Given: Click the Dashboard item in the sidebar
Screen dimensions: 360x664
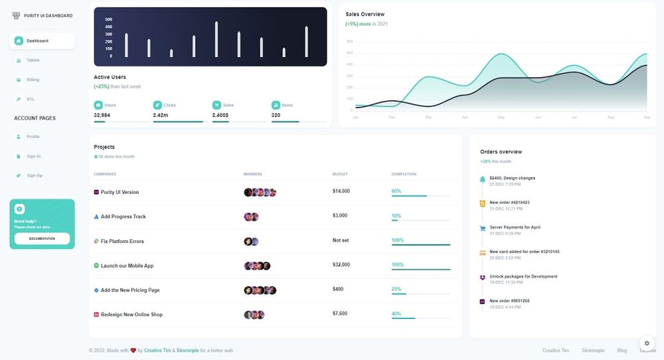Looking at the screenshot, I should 37,41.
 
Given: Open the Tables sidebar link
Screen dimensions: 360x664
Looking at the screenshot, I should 33,60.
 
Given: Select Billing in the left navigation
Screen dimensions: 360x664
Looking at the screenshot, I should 33,80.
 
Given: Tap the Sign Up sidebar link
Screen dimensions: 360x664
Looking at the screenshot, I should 34,175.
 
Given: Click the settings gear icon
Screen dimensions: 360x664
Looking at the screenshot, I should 647,343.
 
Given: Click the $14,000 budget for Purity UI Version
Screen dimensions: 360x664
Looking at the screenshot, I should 341,191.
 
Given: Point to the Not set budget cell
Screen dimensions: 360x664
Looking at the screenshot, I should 341,240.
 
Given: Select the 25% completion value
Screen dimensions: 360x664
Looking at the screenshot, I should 396,289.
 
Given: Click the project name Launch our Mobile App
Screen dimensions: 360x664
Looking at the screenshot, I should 127,266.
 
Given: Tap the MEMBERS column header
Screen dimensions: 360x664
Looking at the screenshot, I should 253,174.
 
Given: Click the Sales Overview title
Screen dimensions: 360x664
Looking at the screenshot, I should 365,14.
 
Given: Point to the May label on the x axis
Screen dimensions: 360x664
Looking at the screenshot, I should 501,117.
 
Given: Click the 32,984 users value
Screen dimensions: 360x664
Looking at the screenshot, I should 102,115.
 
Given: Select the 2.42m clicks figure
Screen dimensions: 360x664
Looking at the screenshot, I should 160,115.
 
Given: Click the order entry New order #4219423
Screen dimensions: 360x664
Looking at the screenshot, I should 509,202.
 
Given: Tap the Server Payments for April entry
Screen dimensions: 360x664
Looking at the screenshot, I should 515,227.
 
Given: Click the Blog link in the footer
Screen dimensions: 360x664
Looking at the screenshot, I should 622,350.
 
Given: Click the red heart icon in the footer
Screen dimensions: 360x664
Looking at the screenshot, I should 133,350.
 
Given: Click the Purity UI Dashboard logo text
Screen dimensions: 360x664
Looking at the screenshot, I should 48,15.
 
